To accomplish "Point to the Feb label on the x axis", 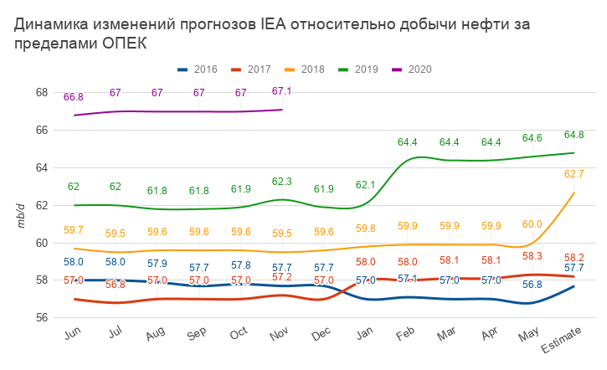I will click(x=406, y=335).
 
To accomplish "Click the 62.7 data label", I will click(x=574, y=174).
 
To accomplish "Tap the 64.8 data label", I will click(x=574, y=135).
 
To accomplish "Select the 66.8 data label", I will click(x=74, y=97).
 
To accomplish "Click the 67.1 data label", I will click(x=282, y=91).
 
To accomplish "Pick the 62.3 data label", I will click(x=282, y=182).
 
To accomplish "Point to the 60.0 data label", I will click(x=532, y=224).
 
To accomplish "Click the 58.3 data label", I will click(x=532, y=256).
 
